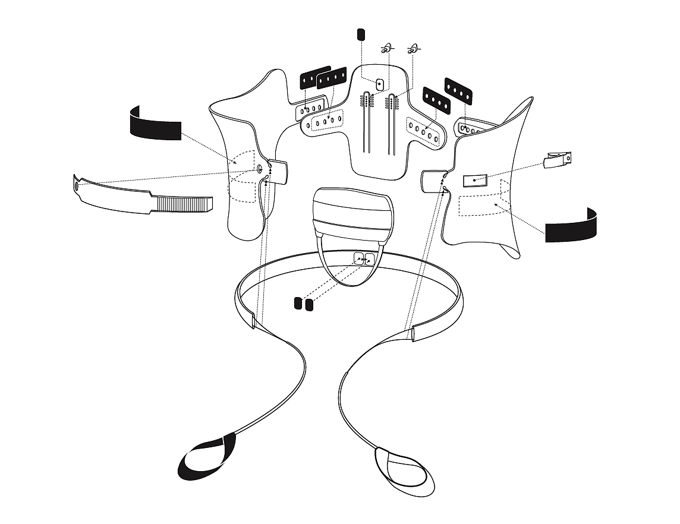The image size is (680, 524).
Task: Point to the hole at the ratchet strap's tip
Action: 77,186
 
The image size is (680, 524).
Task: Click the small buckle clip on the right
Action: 558,160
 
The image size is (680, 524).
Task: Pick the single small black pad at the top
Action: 360,33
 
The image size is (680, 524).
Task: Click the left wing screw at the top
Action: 386,48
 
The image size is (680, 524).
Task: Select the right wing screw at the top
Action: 413,48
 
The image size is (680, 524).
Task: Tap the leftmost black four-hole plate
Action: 315,77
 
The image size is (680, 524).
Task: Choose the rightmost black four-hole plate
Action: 458,89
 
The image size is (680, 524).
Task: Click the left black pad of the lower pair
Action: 298,304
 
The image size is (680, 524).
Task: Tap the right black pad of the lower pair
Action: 308,305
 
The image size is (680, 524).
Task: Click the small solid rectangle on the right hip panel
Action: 475,180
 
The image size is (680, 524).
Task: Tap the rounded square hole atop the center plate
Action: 380,84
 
